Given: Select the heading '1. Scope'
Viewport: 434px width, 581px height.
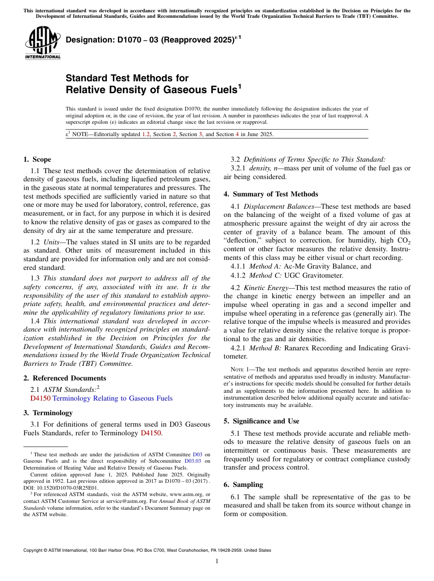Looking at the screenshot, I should click(37, 159).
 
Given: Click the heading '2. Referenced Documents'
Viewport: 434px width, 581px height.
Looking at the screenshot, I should click(64, 378).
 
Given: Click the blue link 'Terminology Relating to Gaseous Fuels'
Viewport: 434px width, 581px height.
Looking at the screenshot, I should click(112, 398).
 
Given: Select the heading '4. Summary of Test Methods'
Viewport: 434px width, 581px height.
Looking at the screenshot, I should click(271, 194).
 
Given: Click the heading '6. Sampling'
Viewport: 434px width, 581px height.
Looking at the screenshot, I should click(243, 484).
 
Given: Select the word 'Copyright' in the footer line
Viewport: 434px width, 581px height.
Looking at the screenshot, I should click(34, 550).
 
